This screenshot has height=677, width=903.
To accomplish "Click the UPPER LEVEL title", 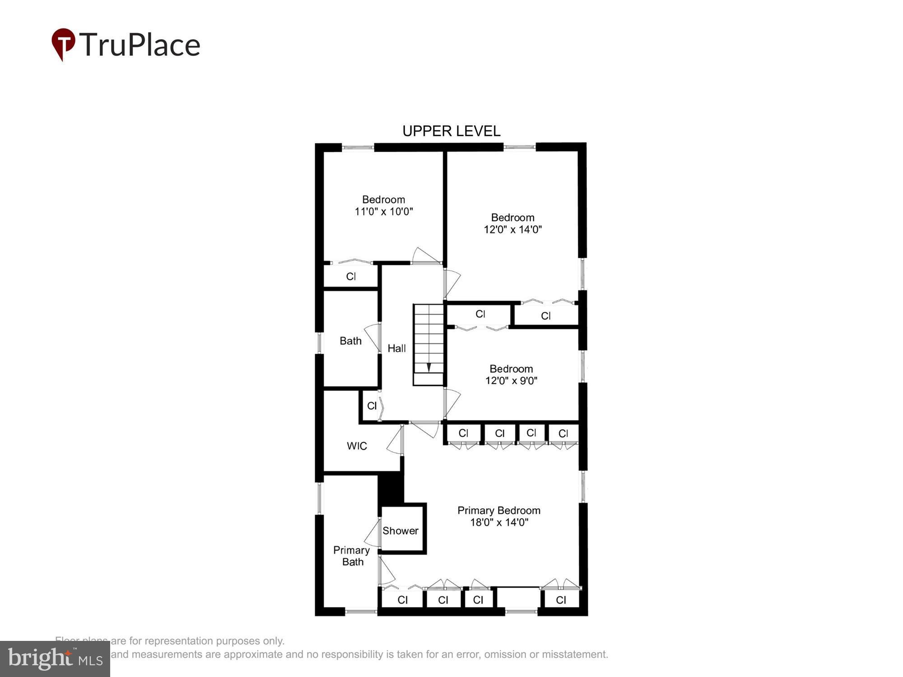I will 451,131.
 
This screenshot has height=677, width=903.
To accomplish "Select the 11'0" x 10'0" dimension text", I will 384,212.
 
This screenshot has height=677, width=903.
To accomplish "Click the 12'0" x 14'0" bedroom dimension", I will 512,229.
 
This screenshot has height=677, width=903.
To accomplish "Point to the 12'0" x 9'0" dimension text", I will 511,380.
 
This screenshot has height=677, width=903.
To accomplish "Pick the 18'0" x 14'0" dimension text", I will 499,522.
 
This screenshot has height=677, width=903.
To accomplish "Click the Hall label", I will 396,348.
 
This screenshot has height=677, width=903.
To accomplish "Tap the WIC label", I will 357,446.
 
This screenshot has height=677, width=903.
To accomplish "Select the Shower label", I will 400,531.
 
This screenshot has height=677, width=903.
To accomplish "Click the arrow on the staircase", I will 428,366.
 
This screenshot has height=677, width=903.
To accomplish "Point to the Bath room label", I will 350,341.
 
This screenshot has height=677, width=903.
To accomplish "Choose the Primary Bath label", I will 352,556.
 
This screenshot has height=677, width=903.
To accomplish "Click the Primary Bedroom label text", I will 499,510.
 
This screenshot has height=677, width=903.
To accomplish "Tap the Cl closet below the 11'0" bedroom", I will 351,276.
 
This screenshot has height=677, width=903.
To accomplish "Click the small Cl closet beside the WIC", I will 372,406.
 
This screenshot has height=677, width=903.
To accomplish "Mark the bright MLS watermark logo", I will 55,659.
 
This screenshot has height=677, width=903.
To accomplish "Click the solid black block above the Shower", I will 390,488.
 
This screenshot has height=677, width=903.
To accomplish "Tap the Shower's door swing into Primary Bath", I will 373,534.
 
